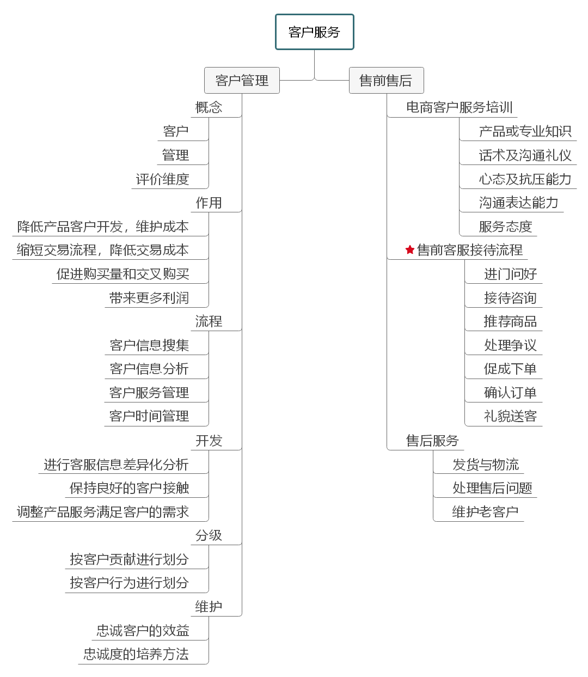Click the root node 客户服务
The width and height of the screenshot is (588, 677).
(x=315, y=32)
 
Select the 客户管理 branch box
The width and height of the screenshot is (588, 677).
(x=242, y=81)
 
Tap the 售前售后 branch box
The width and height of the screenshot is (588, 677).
(x=386, y=81)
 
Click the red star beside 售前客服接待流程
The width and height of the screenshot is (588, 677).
(x=410, y=250)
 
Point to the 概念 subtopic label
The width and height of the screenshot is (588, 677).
(x=209, y=107)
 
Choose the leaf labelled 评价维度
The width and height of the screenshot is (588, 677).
(x=162, y=179)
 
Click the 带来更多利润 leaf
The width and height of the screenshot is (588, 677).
(x=149, y=298)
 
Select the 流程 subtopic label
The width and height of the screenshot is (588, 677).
(x=209, y=321)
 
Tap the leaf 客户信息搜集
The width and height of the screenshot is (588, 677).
(x=149, y=345)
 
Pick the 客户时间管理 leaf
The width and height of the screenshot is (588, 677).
(x=149, y=416)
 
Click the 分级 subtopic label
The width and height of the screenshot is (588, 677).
(x=209, y=535)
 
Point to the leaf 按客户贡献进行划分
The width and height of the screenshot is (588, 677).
(x=129, y=559)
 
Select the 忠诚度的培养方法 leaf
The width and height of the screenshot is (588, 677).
(x=136, y=654)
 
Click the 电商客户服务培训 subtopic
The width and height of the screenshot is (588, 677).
(x=460, y=107)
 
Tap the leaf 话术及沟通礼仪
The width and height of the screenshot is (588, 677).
(x=525, y=155)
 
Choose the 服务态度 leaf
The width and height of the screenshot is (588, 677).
(x=505, y=227)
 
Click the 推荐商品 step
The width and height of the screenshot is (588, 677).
(x=510, y=321)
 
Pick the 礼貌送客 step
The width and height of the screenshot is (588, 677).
(x=510, y=416)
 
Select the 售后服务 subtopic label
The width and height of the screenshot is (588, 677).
(x=432, y=441)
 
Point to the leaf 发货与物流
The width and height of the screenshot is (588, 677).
(x=486, y=465)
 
